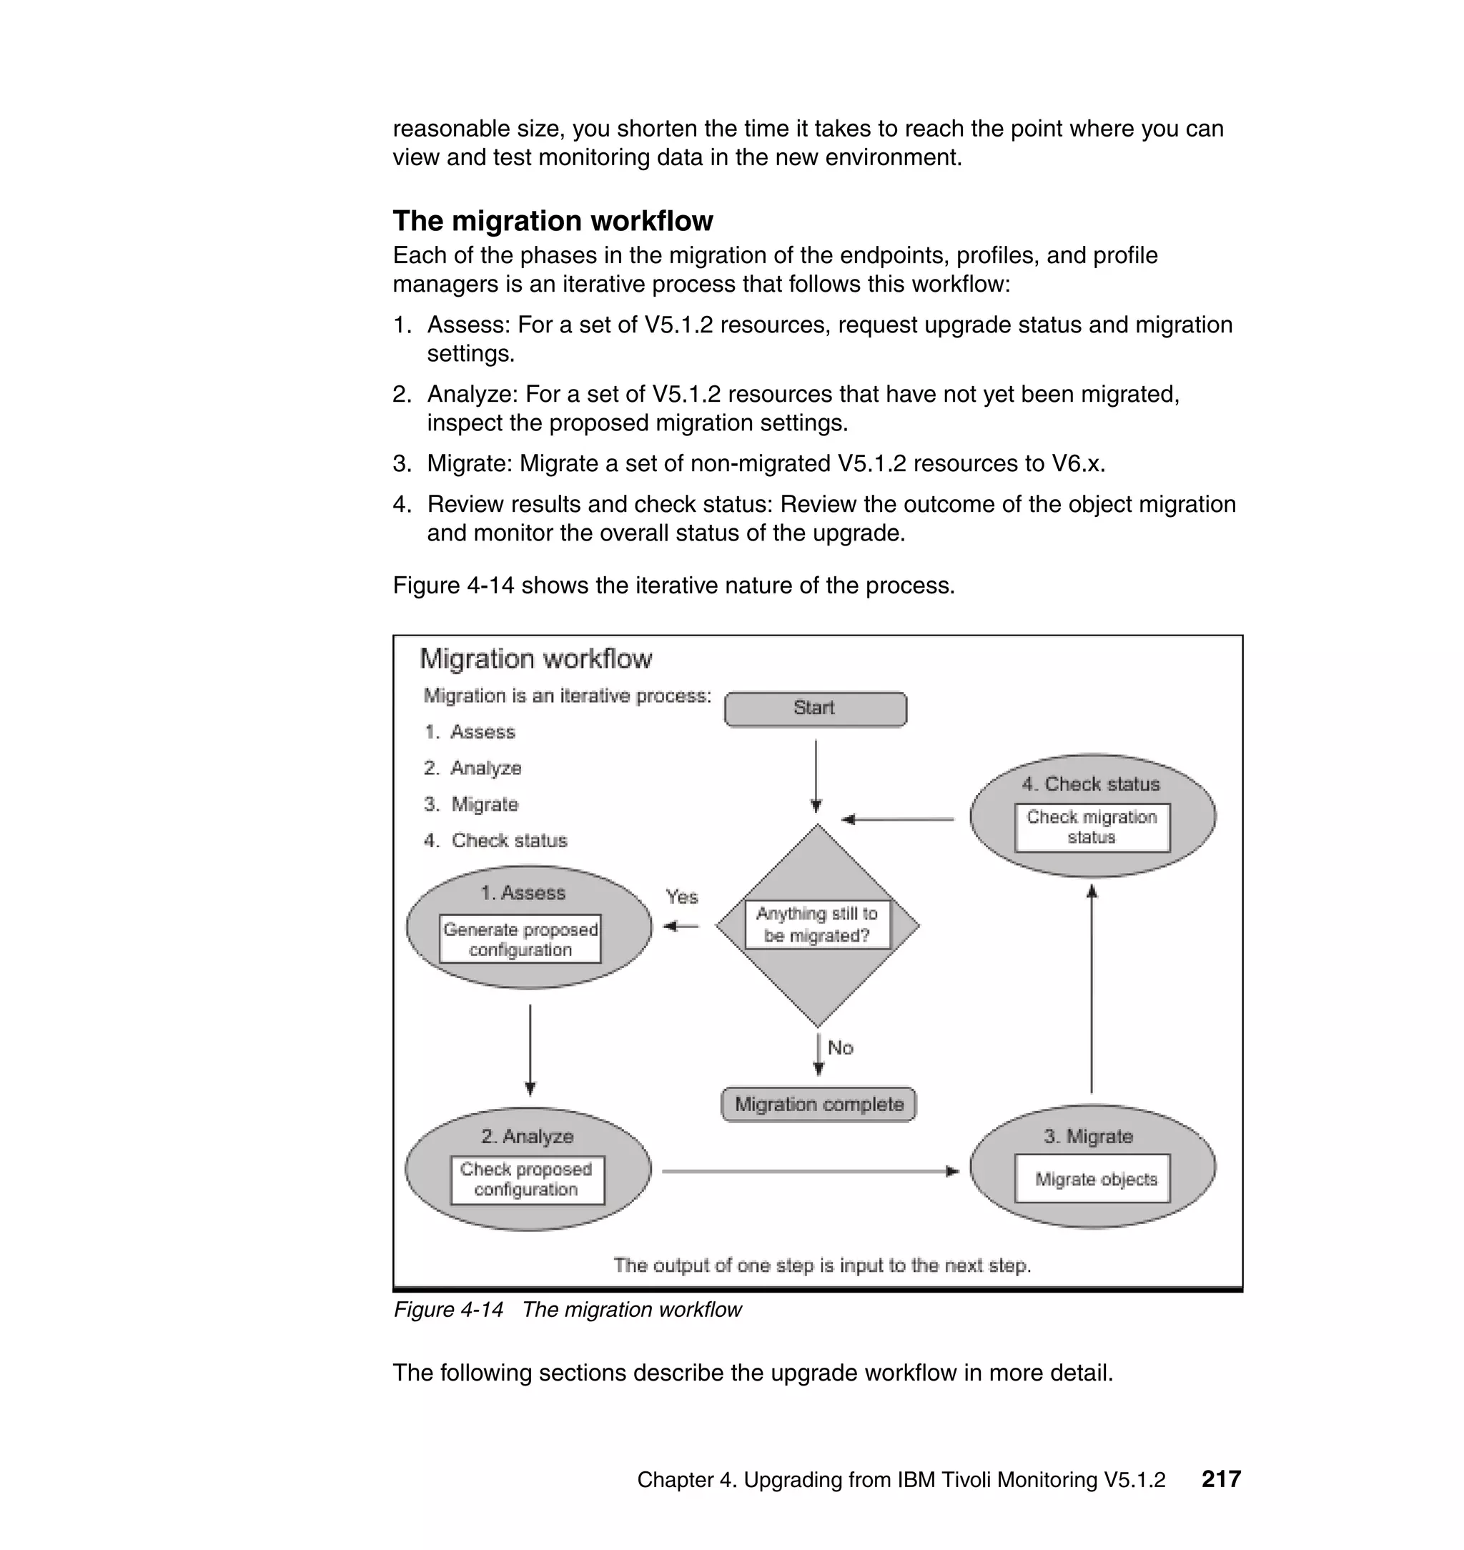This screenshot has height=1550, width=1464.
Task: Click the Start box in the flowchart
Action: pyautogui.click(x=815, y=709)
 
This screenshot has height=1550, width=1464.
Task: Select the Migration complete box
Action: pyautogui.click(x=818, y=1105)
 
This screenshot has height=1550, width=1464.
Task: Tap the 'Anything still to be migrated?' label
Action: pyautogui.click(x=817, y=925)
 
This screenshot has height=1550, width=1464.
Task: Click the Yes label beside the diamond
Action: pyautogui.click(x=681, y=897)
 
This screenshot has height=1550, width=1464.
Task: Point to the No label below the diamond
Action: pyautogui.click(x=841, y=1047)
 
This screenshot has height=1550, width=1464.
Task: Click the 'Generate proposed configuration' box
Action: pyautogui.click(x=520, y=939)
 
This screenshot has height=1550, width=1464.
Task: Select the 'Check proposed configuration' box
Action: pyautogui.click(x=527, y=1179)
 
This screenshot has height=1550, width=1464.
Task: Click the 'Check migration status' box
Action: pyautogui.click(x=1092, y=826)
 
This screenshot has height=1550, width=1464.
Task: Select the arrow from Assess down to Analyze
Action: pyautogui.click(x=530, y=1050)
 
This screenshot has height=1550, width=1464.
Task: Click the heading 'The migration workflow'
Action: pyautogui.click(x=553, y=221)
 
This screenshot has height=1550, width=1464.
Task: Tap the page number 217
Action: pyautogui.click(x=1220, y=1479)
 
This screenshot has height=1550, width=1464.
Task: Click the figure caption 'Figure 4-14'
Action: pyautogui.click(x=448, y=1309)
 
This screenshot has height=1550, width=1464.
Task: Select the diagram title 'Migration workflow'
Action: pyautogui.click(x=535, y=658)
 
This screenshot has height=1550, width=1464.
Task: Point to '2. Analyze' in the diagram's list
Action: pyautogui.click(x=472, y=768)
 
